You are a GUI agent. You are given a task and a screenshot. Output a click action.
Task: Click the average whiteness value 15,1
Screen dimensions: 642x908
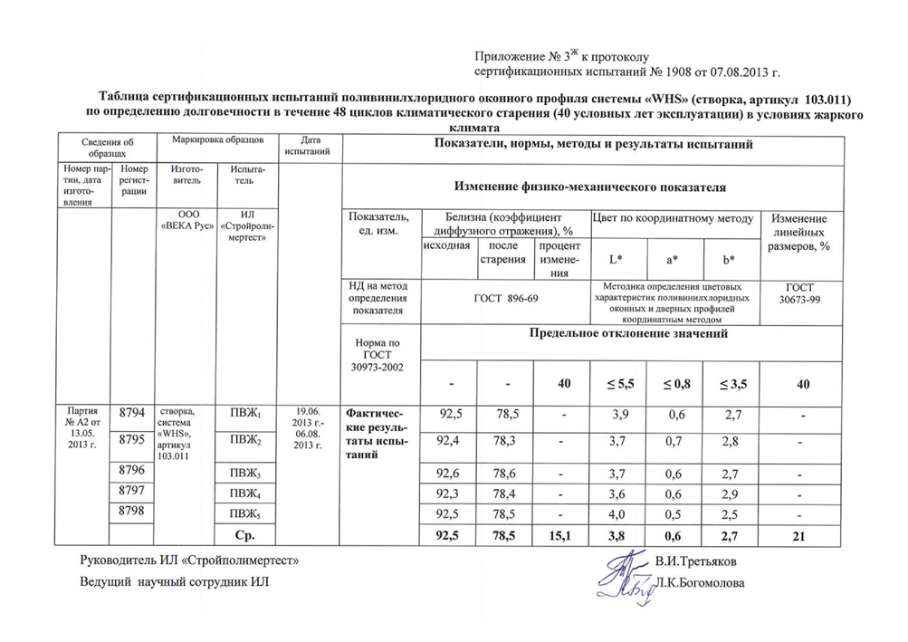point(562,537)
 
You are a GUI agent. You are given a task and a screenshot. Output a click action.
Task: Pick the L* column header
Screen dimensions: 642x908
point(616,259)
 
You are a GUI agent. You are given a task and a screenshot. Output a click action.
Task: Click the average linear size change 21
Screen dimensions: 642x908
point(798,537)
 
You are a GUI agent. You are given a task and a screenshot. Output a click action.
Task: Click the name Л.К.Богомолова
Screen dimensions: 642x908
point(703,584)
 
